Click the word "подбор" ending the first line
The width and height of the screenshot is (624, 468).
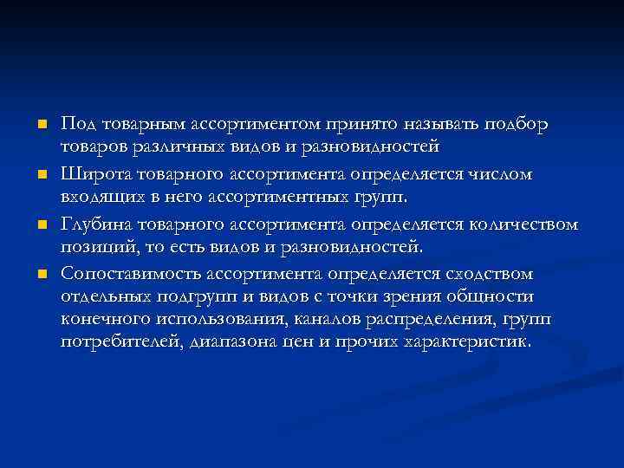[517, 125]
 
